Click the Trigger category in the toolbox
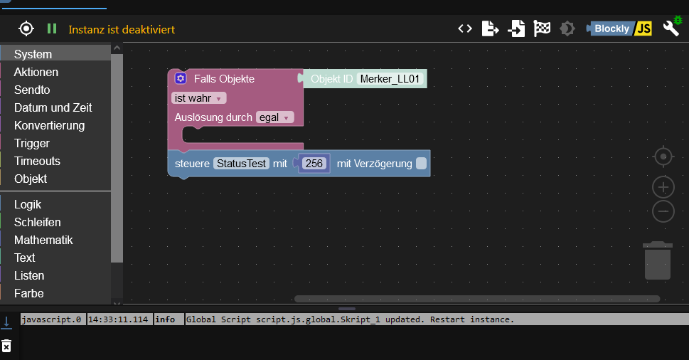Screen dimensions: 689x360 coord(31,143)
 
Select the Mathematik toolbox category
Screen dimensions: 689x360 coord(43,240)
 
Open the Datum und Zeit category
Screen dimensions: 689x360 coord(53,107)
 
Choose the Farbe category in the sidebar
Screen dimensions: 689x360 coord(28,293)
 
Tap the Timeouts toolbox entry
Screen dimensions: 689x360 coord(37,161)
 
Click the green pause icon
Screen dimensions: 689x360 coord(52,28)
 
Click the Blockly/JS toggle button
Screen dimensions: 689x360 coord(619,28)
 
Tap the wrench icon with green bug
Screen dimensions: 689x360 coord(672,27)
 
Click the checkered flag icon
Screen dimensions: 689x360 coord(542,28)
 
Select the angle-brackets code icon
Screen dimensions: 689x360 coord(465,28)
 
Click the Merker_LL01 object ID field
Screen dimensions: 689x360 coord(390,79)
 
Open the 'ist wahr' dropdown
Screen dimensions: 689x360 coord(198,98)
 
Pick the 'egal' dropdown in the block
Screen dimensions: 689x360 coord(274,117)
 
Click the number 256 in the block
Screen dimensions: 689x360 coord(314,164)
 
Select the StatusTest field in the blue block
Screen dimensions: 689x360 coord(241,164)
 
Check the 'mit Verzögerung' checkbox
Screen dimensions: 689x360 coord(421,164)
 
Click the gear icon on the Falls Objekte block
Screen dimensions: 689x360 coord(181,78)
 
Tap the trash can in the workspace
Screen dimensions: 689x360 coord(658,260)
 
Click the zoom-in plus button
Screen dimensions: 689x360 coord(663,188)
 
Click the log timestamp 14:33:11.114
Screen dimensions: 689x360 coord(118,319)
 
